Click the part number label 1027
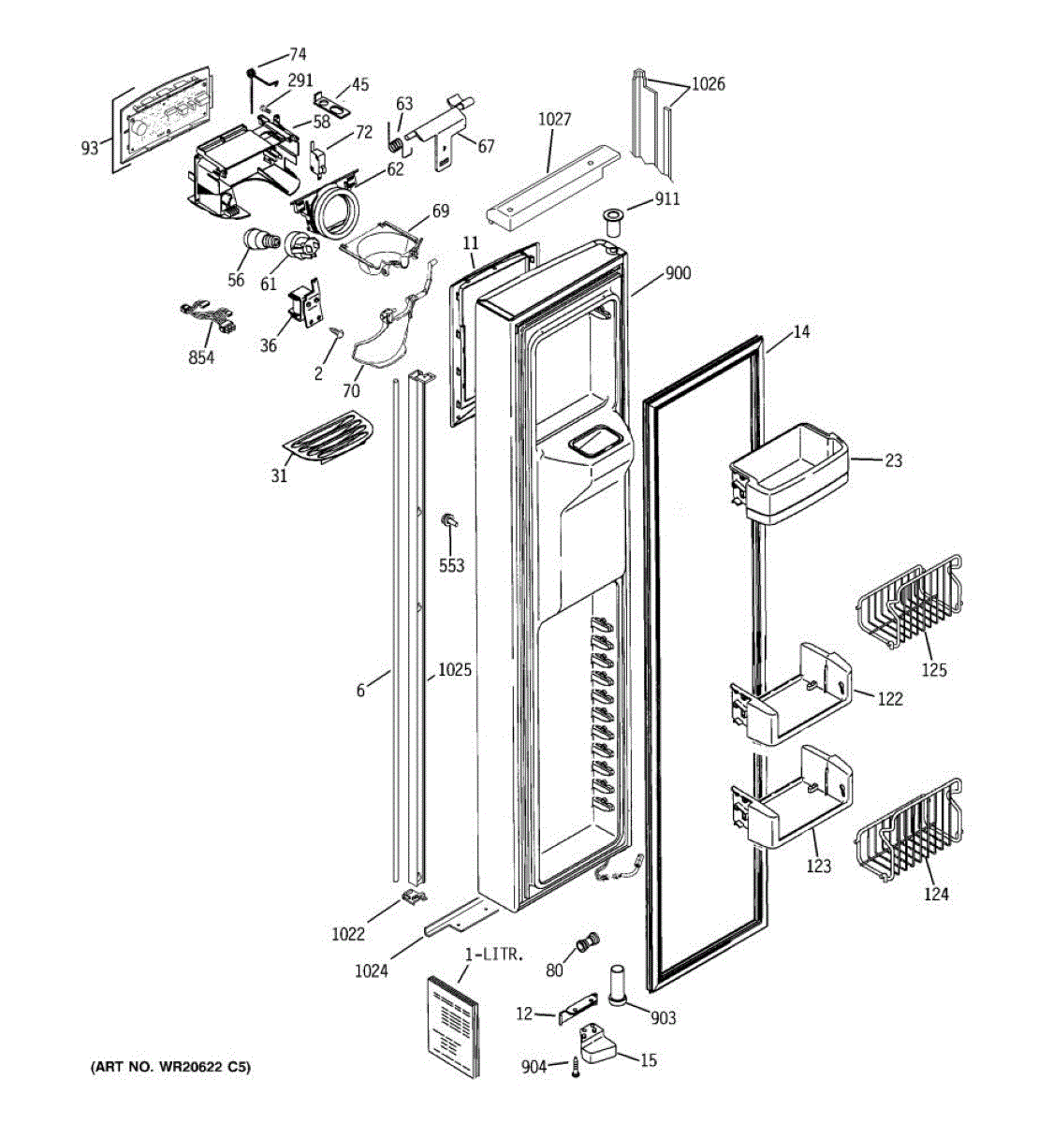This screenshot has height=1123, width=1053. (x=554, y=120)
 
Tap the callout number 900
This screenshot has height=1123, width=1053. (x=678, y=273)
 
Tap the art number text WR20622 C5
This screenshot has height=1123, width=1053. (x=170, y=1068)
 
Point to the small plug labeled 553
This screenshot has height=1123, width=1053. (x=449, y=520)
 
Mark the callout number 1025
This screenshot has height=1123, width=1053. (x=454, y=670)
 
